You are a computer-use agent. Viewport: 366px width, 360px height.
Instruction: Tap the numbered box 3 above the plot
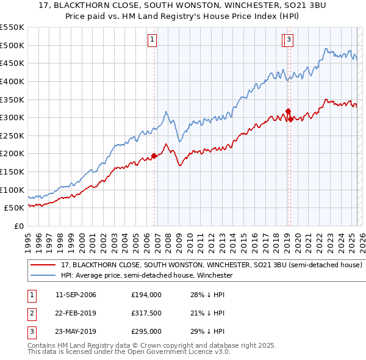[x=289, y=40]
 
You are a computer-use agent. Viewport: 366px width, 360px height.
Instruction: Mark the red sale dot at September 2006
[x=154, y=156]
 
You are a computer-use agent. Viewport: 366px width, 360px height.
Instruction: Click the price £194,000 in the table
[x=146, y=295]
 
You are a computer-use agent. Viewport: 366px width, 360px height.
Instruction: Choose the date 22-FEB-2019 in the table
[x=76, y=313]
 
